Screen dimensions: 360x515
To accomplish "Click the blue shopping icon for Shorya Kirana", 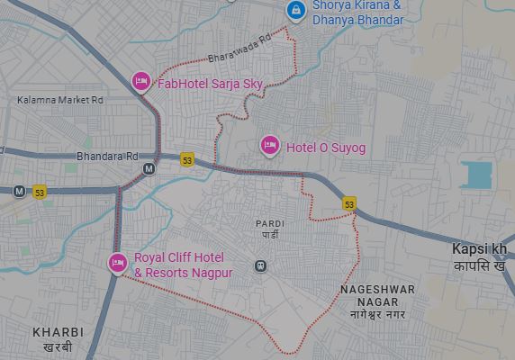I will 294,10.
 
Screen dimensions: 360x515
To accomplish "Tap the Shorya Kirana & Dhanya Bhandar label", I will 357,12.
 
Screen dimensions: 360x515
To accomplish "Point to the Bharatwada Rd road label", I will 239,49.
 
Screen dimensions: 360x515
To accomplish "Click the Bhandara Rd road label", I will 107,156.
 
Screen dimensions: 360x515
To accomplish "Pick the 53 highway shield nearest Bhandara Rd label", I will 187,159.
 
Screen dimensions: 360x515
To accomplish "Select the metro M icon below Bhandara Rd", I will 149,168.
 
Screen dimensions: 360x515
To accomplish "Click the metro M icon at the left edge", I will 19,191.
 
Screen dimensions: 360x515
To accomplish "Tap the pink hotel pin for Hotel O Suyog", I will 269,145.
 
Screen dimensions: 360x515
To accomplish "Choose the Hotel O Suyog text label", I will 326,148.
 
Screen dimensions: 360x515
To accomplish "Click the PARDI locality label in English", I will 270,222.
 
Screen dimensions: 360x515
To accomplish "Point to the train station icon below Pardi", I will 260,265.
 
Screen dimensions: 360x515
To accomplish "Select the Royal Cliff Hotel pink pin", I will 116,263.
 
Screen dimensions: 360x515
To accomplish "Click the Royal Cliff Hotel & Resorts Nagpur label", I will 184,265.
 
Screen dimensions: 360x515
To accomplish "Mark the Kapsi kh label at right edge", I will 480,247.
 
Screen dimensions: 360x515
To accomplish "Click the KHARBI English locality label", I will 58,332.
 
